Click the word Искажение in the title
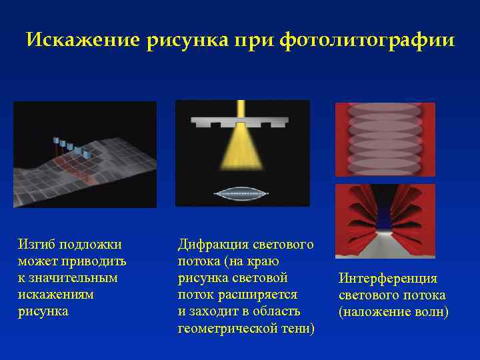pos(82,41)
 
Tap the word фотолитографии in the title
pos(367,41)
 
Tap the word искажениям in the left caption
pos(56,294)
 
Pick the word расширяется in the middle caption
pos(261,295)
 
